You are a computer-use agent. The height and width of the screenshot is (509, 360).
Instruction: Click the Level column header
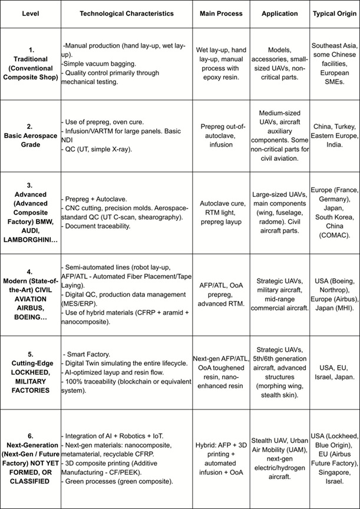[31, 12]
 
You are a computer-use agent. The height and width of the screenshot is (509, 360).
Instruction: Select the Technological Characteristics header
[126, 12]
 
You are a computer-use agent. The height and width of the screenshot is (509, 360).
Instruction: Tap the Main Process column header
[219, 12]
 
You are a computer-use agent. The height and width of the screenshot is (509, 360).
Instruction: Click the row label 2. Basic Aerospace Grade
[31, 135]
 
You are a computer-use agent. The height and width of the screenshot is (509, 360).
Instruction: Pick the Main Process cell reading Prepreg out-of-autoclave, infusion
[219, 135]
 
